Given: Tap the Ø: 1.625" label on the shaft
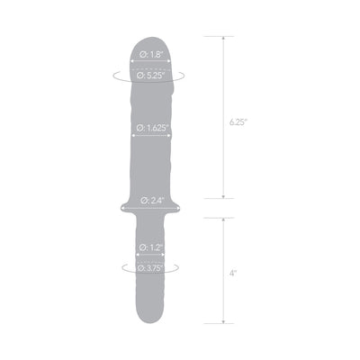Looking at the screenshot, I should tap(151, 129).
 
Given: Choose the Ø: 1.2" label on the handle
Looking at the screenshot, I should tap(150, 247).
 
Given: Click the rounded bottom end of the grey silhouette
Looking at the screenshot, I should tap(150, 322).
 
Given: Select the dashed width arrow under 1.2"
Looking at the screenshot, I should tap(150, 256).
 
